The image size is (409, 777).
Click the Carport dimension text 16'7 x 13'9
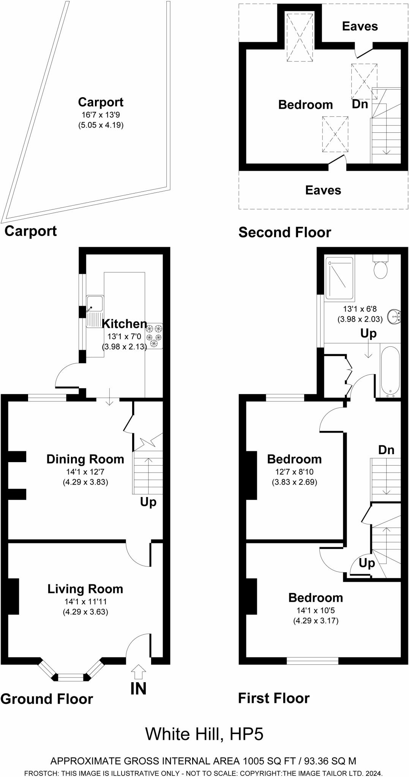pyautogui.click(x=101, y=115)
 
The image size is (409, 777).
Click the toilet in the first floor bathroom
pyautogui.click(x=381, y=268)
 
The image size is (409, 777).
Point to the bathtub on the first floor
pyautogui.click(x=390, y=370)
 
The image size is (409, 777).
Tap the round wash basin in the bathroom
pyautogui.click(x=395, y=316)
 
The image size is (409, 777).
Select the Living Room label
pyautogui.click(x=85, y=589)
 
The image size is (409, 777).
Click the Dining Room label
pyautogui.click(x=85, y=459)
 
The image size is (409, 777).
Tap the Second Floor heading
pyautogui.click(x=284, y=232)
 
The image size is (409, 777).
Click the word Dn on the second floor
pyautogui.click(x=360, y=104)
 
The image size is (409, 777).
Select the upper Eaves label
pyautogui.click(x=360, y=26)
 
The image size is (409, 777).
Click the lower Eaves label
pyautogui.click(x=323, y=190)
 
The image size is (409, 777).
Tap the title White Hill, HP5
pyautogui.click(x=204, y=734)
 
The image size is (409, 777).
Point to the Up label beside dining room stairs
pyautogui.click(x=148, y=502)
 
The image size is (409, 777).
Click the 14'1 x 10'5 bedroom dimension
pyautogui.click(x=316, y=610)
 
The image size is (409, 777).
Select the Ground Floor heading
pyautogui.click(x=46, y=698)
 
